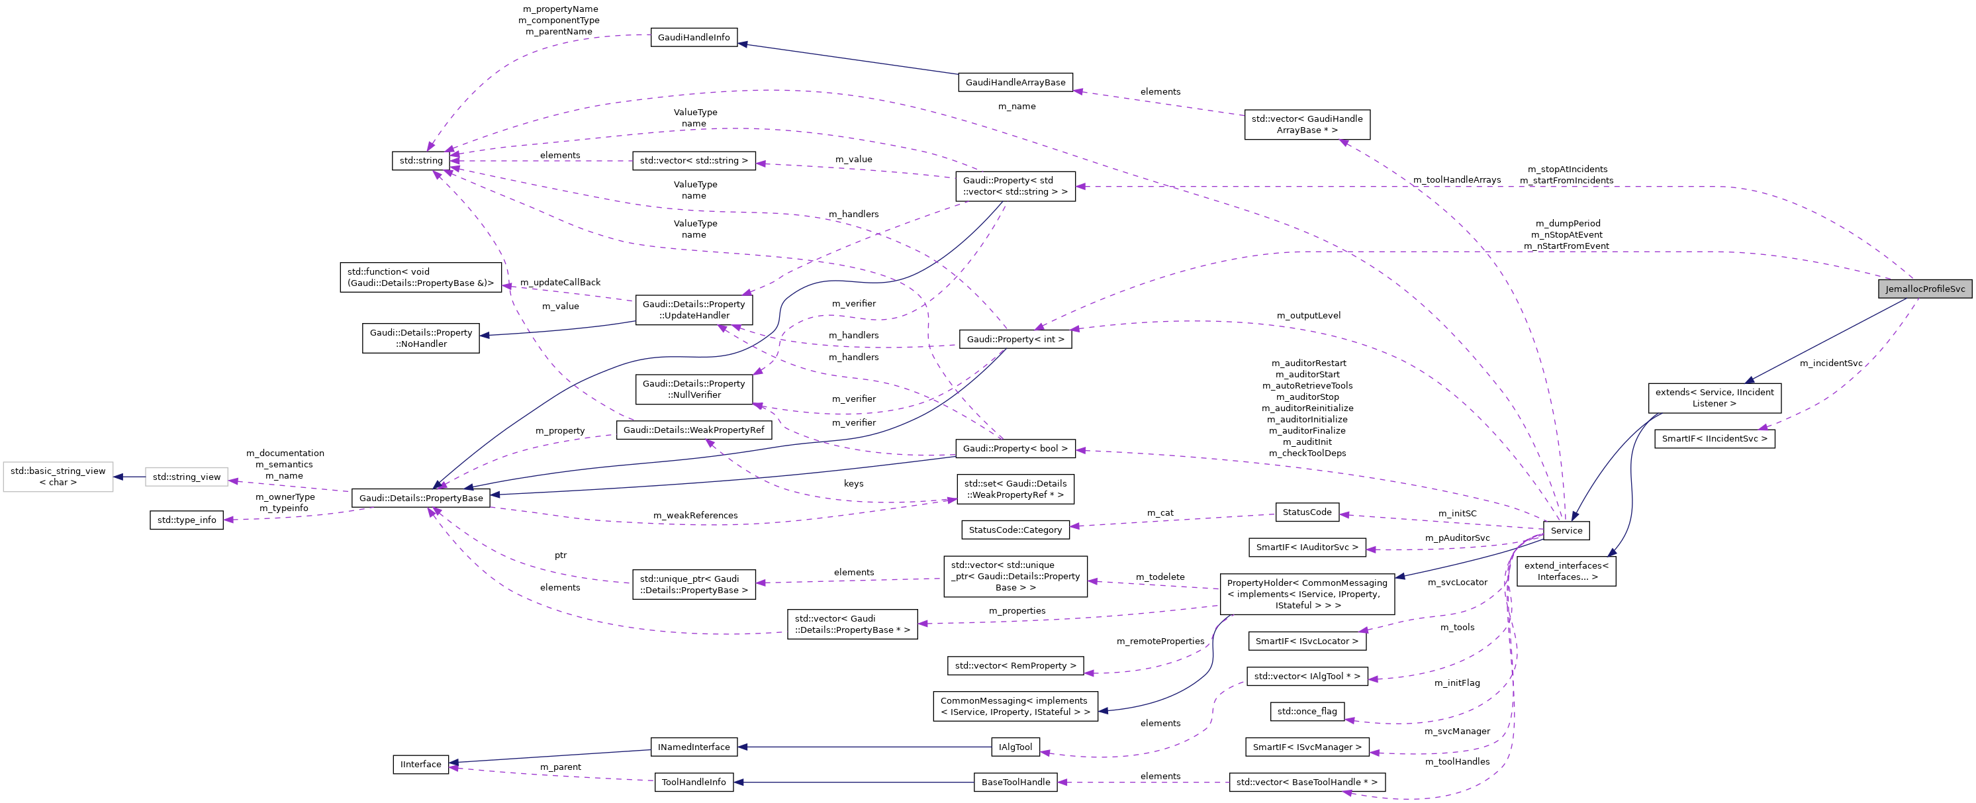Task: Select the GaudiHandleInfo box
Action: pos(694,37)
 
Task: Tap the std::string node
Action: pos(421,160)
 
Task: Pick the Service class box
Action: pos(1566,530)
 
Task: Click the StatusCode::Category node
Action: pos(1015,529)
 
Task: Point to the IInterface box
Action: pos(420,764)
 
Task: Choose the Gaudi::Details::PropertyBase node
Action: pos(421,498)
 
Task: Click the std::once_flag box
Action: pos(1306,711)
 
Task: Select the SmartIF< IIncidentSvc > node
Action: pos(1715,439)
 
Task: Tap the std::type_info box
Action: pos(187,519)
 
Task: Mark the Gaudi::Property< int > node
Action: pos(1015,339)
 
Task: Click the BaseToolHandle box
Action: pos(1015,782)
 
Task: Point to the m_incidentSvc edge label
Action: pos(1830,363)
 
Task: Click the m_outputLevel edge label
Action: pos(1308,315)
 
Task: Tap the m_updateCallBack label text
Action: pos(560,282)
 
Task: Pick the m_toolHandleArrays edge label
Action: pos(1457,179)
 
